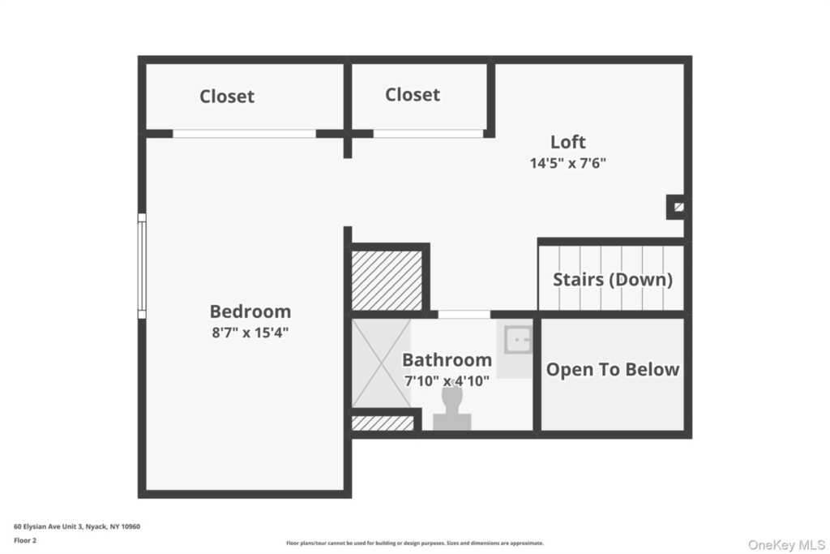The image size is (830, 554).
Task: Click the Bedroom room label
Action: [250, 311]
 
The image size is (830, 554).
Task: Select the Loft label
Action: [567, 142]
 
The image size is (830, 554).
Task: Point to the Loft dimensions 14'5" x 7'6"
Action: [568, 163]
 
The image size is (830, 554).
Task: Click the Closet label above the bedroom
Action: [227, 97]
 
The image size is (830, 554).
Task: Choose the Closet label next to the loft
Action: [413, 95]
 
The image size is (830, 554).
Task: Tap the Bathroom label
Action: [447, 360]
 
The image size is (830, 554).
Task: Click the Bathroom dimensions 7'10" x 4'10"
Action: [447, 380]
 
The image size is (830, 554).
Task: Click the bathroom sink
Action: [517, 340]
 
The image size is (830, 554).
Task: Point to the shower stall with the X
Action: [381, 363]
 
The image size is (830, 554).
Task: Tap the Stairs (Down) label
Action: [612, 280]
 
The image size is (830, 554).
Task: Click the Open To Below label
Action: [612, 370]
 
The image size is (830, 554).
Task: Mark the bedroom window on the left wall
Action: [142, 266]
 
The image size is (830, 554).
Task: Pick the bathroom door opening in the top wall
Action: [464, 315]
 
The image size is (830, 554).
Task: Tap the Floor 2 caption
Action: [26, 539]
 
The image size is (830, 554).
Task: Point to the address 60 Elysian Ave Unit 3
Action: [77, 526]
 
